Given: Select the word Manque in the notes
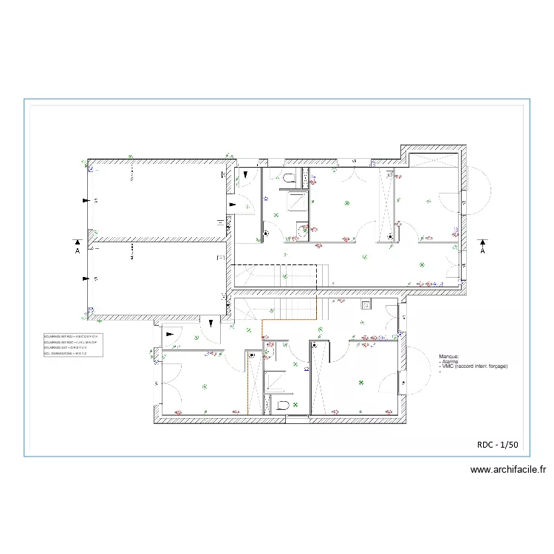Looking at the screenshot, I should [449, 355].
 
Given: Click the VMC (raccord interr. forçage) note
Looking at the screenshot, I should [473, 366].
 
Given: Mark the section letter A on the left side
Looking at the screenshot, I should [77, 250].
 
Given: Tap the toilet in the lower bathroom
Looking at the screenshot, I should [281, 405].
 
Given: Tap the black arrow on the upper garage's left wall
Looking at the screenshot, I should [86, 201].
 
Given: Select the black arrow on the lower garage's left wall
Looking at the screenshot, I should [86, 278].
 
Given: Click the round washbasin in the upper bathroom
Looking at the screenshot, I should [264, 234].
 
